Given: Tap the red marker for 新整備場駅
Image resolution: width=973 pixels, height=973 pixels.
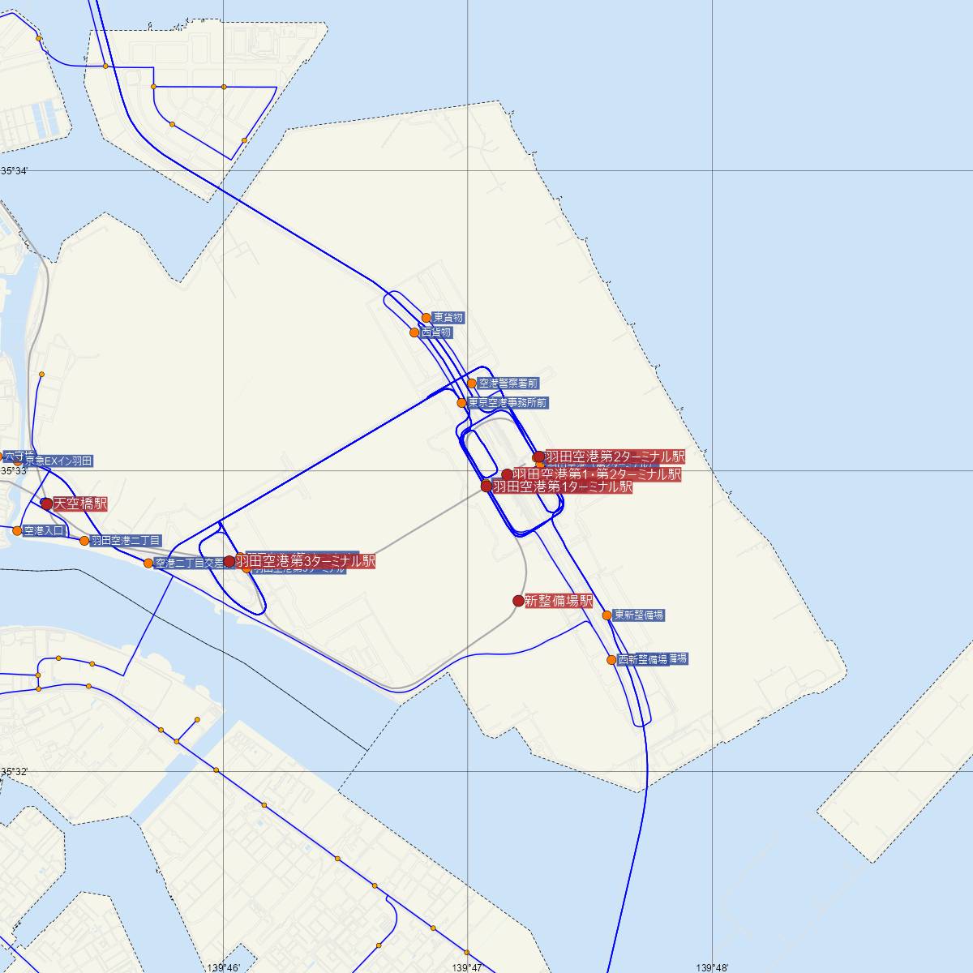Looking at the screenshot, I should pyautogui.click(x=518, y=601).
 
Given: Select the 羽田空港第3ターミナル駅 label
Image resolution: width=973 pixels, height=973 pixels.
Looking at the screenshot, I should pyautogui.click(x=305, y=561).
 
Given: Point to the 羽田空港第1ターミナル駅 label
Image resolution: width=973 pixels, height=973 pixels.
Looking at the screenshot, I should pyautogui.click(x=562, y=486).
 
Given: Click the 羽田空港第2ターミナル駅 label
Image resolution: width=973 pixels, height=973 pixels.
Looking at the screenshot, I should pyautogui.click(x=615, y=457).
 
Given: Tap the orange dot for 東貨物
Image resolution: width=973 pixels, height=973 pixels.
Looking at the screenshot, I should pyautogui.click(x=426, y=318).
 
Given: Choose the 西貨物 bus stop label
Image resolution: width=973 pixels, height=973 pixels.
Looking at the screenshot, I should pyautogui.click(x=436, y=332).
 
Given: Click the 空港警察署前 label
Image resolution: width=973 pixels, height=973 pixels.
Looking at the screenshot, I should pyautogui.click(x=508, y=384).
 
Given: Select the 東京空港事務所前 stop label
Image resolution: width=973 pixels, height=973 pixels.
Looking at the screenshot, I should pyautogui.click(x=508, y=403).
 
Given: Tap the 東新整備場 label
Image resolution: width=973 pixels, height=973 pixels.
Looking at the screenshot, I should pyautogui.click(x=639, y=615).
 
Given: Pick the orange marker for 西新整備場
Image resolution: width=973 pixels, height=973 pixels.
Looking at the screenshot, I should pyautogui.click(x=611, y=660).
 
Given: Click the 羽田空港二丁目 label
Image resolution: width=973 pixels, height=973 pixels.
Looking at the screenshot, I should pyautogui.click(x=126, y=540).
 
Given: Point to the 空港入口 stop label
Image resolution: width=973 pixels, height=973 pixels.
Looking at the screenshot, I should pyautogui.click(x=44, y=531).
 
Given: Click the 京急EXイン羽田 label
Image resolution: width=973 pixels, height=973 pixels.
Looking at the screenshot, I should pyautogui.click(x=58, y=461).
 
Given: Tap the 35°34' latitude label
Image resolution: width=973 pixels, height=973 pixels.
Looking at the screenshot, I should pyautogui.click(x=14, y=171).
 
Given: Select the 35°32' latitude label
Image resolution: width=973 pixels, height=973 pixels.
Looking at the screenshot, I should pyautogui.click(x=14, y=771).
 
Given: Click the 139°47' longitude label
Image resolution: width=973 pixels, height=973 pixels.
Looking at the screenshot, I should pyautogui.click(x=468, y=967).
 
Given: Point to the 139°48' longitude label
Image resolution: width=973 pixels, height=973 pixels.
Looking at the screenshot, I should pyautogui.click(x=713, y=967).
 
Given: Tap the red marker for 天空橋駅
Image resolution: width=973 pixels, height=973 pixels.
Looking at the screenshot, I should pyautogui.click(x=47, y=504).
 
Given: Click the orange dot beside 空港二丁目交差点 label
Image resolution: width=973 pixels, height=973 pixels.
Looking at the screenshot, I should pyautogui.click(x=148, y=564).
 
